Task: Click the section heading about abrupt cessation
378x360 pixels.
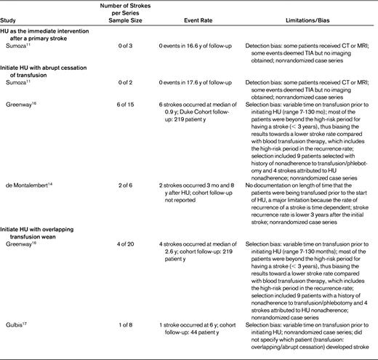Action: (52, 71)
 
